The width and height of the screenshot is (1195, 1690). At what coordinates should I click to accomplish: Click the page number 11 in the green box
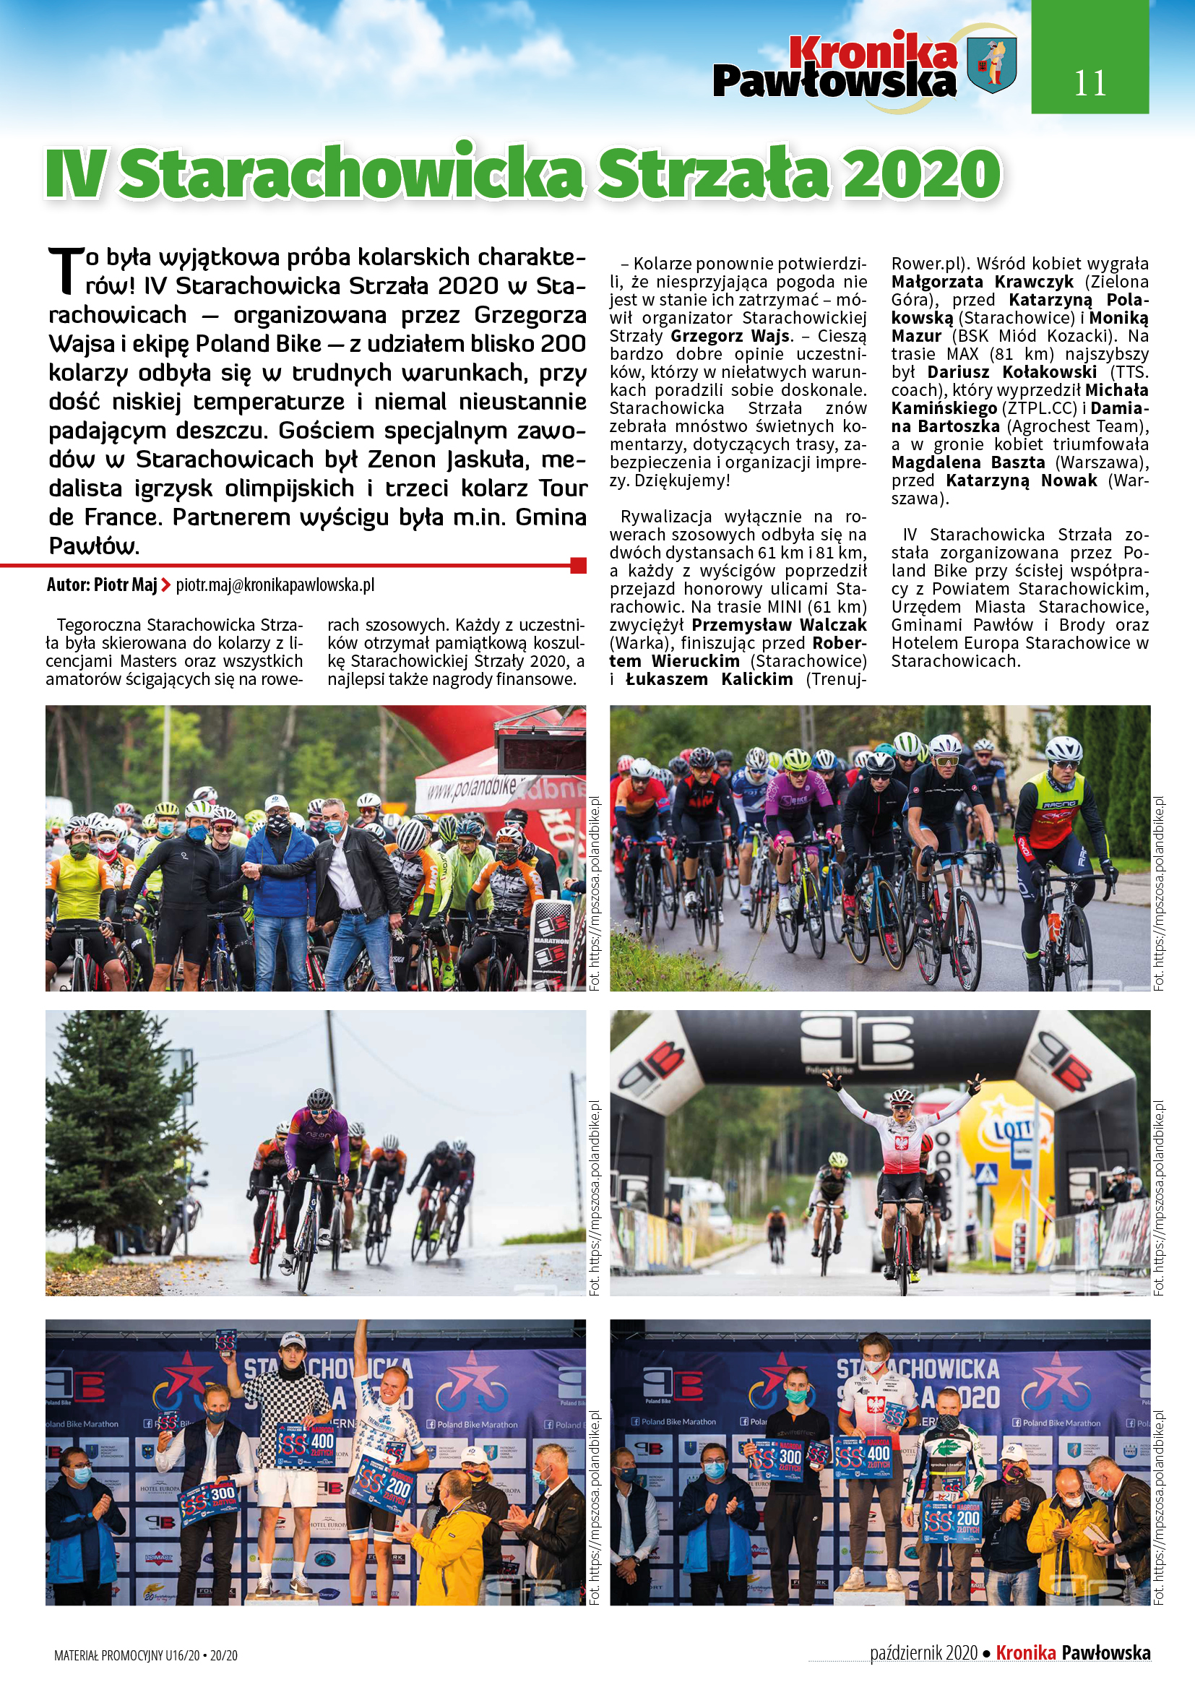[1089, 83]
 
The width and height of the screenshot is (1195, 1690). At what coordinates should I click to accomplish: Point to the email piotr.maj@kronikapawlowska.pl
[275, 585]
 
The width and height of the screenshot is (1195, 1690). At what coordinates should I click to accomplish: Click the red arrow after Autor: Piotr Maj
[166, 586]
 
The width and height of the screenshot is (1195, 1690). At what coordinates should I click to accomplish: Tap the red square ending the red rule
[579, 565]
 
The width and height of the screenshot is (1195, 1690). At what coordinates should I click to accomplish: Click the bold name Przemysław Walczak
[779, 625]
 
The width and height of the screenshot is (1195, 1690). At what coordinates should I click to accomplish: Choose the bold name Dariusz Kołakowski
[1011, 371]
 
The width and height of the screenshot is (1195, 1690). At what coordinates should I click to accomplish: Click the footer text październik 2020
[923, 1653]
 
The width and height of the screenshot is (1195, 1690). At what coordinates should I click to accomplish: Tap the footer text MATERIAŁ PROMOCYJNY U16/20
[126, 1656]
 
